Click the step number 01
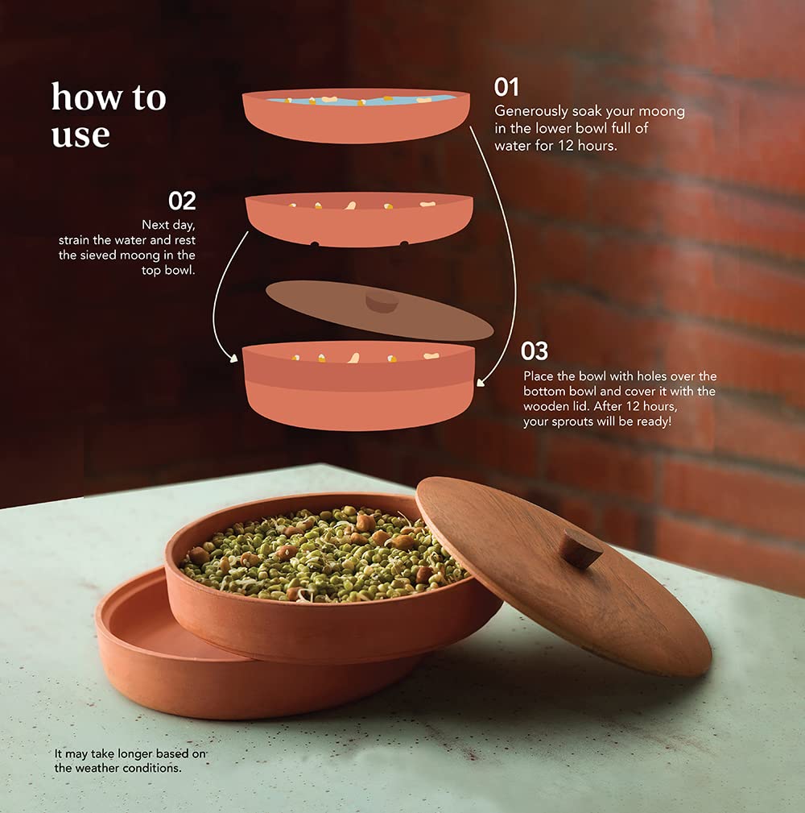(x=506, y=87)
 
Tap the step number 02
(x=182, y=201)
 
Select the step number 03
(x=534, y=351)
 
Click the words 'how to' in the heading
(x=109, y=97)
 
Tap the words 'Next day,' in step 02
(x=168, y=225)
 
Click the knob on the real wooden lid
(x=582, y=549)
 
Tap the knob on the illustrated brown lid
(x=382, y=302)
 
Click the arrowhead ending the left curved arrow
(x=233, y=358)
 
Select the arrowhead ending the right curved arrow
(x=481, y=383)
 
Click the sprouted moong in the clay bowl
(x=324, y=554)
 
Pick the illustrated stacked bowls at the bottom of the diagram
(x=358, y=386)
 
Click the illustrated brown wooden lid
(x=380, y=310)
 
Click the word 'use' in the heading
(x=80, y=135)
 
